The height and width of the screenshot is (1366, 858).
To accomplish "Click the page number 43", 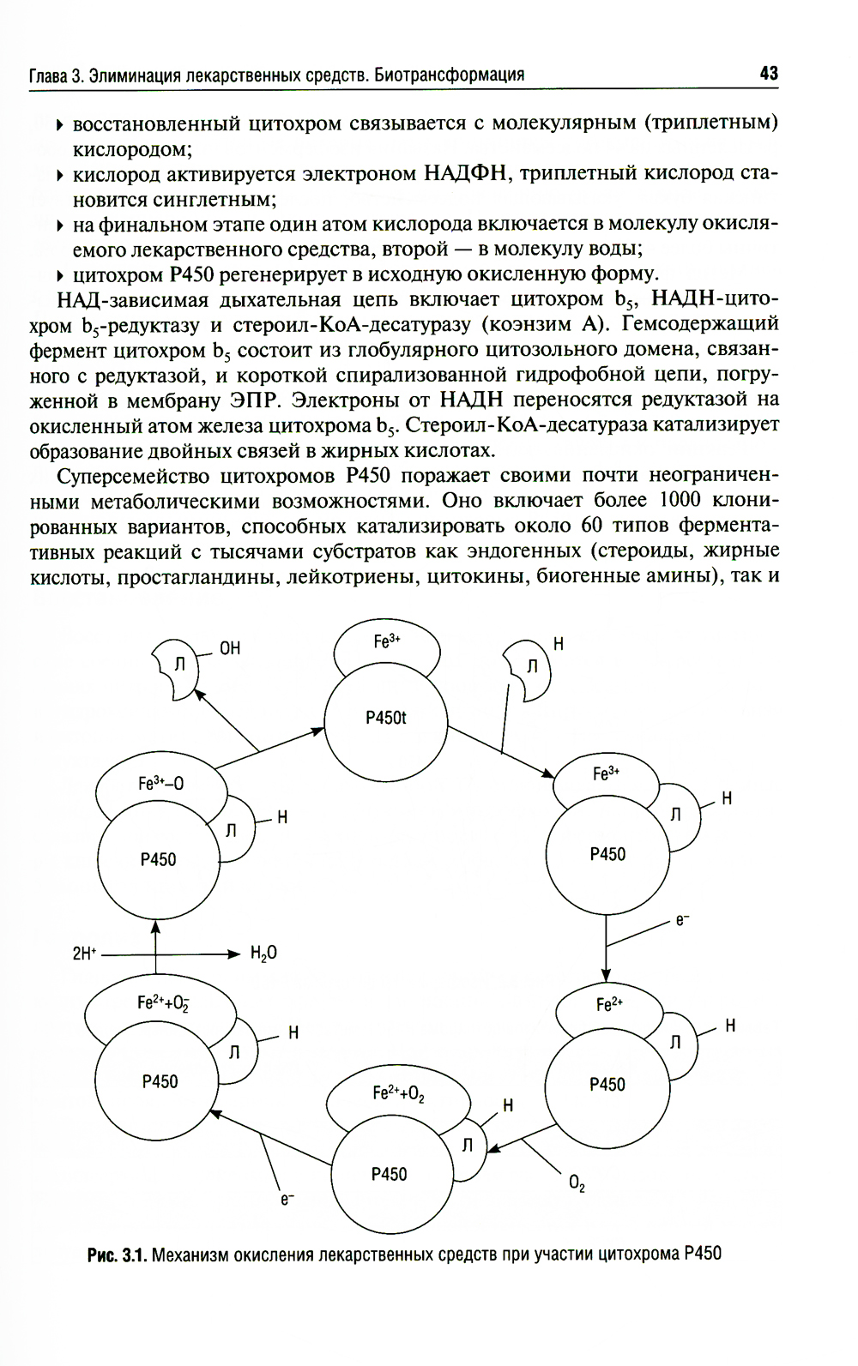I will click(x=768, y=73).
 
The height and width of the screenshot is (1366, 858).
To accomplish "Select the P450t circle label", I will click(x=385, y=718).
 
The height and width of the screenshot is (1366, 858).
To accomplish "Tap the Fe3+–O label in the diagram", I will click(x=160, y=783).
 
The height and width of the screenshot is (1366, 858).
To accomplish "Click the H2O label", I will click(x=263, y=953).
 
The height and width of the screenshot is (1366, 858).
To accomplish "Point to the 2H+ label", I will click(x=84, y=953).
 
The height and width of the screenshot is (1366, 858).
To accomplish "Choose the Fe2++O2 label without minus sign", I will click(x=398, y=1092).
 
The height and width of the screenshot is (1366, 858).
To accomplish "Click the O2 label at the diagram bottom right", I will click(x=577, y=1184).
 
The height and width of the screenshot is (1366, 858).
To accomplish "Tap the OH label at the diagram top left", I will click(x=230, y=648).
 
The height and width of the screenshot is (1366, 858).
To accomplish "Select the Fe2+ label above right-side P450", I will click(x=609, y=1003).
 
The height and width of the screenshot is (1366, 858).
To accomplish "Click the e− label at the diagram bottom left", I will click(x=287, y=1200).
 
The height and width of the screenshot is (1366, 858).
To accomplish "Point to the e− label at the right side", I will click(x=683, y=920).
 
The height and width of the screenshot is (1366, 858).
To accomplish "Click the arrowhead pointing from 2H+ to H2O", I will click(x=233, y=954).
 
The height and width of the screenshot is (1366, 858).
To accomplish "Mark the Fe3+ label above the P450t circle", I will click(x=387, y=641).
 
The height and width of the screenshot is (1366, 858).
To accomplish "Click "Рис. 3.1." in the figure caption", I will click(x=118, y=1255).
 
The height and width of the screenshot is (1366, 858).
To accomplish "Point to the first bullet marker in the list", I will click(x=60, y=126).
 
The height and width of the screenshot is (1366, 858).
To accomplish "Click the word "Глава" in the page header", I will click(x=48, y=75).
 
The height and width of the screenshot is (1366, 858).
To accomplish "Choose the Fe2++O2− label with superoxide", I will click(x=163, y=1002).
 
